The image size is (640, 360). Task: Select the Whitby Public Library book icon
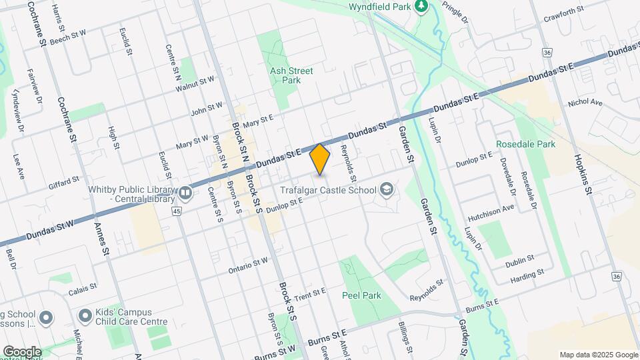click(185, 193)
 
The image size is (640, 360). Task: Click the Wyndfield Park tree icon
click(421, 7)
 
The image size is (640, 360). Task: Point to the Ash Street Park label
click(291, 75)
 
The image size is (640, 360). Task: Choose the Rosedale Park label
click(526, 144)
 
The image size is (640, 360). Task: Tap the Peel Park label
click(361, 294)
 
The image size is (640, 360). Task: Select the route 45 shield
click(176, 211)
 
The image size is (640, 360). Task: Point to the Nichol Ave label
click(585, 103)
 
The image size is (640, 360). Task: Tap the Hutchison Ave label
click(491, 208)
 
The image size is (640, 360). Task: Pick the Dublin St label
click(521, 259)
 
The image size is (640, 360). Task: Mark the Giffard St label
click(64, 179)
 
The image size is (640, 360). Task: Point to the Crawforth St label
click(563, 10)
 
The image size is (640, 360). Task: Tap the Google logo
click(21, 351)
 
